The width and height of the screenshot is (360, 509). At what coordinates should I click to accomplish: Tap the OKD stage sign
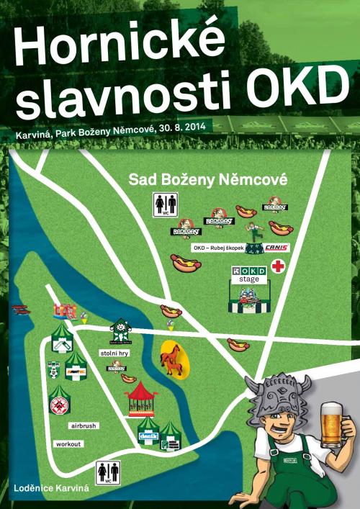[248, 274]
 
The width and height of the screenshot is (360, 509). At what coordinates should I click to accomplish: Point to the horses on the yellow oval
[173, 358]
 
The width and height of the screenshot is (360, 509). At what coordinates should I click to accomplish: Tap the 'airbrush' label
[85, 426]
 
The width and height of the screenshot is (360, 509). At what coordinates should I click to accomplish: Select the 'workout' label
[68, 444]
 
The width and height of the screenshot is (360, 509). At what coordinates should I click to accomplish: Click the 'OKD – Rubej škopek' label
[217, 248]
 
